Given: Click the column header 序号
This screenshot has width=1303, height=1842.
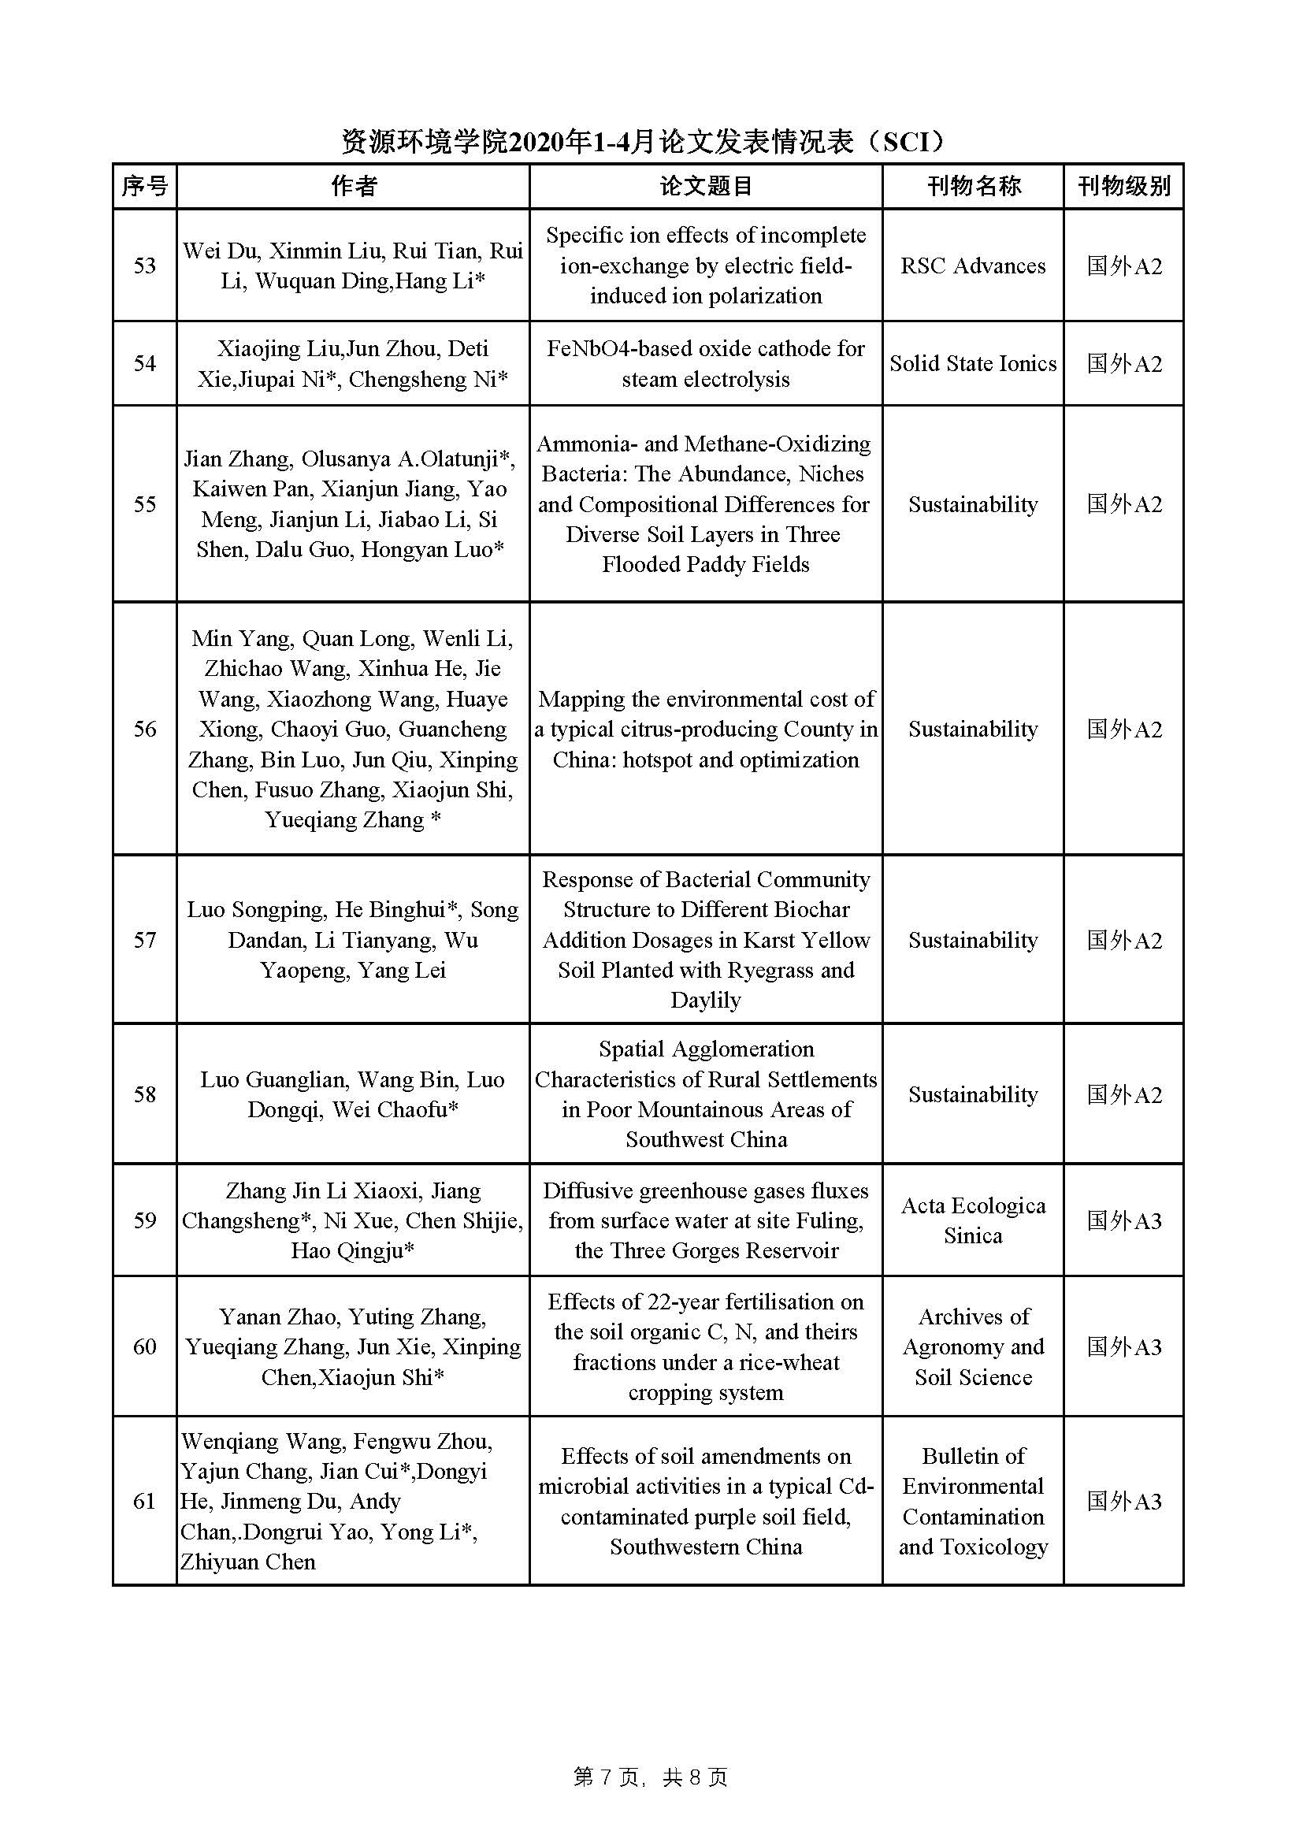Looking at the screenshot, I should pos(144,186).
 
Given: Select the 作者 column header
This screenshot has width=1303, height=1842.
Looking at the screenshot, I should pos(353,186).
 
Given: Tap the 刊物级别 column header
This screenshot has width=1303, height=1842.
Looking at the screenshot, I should pos(1123,186).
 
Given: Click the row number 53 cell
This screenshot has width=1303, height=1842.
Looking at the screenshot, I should pos(144,266).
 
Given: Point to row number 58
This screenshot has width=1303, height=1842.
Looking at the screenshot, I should pos(144,1094).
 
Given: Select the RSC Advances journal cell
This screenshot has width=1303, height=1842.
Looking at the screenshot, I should pos(972,266).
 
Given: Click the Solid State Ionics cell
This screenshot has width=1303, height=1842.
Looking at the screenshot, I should pos(972,363).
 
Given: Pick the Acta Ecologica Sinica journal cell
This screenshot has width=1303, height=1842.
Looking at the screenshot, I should pos(972,1220).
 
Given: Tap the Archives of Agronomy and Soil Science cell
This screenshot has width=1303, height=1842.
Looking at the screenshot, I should pos(972,1347).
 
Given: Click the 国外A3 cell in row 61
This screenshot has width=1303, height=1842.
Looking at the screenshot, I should pos(1123,1501).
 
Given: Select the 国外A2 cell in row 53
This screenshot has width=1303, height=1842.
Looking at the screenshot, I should pos(1123,266).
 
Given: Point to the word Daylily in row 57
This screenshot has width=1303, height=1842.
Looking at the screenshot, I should pos(705,1001).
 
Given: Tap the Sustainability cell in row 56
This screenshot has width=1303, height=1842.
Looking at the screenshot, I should pos(972,730).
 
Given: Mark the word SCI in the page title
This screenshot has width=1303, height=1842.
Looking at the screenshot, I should pos(904,142).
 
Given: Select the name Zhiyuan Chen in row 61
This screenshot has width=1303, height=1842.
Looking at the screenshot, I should pos(248,1562).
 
